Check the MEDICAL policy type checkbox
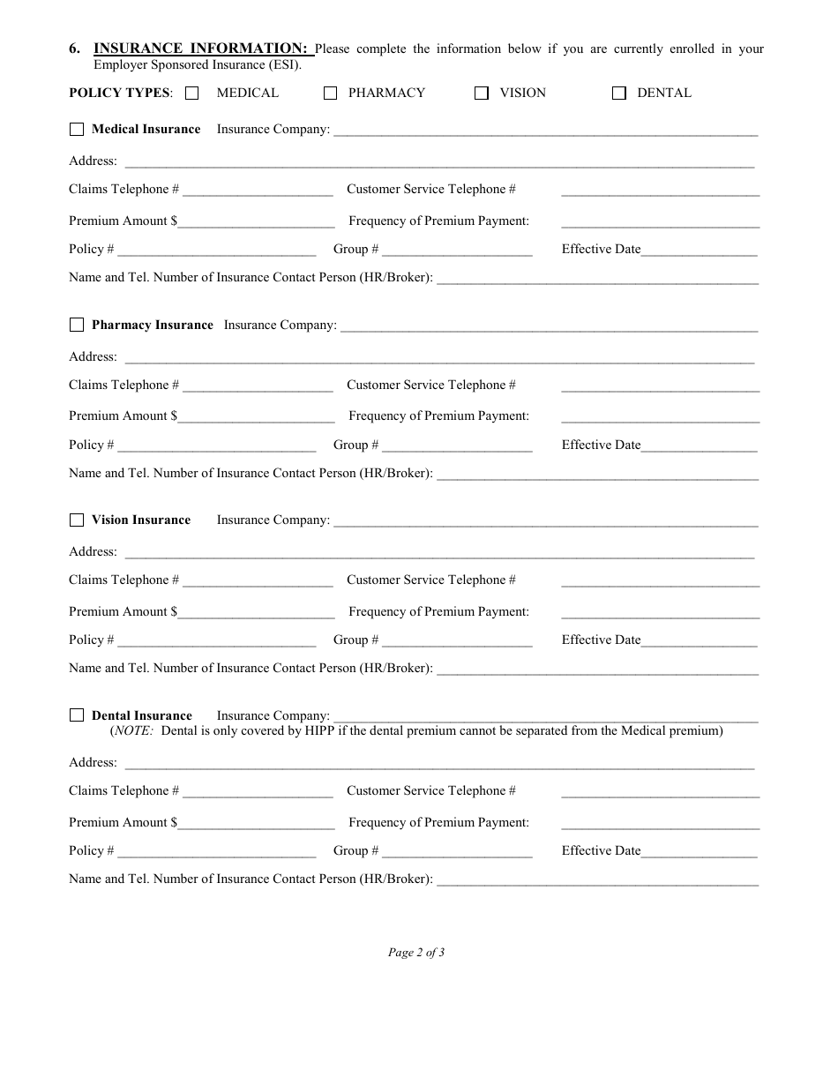[x=192, y=94]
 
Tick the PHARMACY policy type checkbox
[x=331, y=94]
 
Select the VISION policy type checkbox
[x=482, y=94]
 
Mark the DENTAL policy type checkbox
[x=619, y=94]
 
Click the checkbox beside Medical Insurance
[x=77, y=129]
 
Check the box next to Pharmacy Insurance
[x=77, y=325]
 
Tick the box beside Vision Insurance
[x=77, y=520]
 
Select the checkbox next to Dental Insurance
[x=77, y=715]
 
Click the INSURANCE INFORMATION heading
[x=200, y=49]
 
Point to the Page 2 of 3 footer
[x=416, y=952]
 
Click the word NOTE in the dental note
[x=132, y=731]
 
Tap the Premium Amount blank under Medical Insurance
[x=256, y=222]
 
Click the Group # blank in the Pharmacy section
[x=457, y=446]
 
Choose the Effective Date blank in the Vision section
[x=699, y=641]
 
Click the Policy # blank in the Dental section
[x=216, y=852]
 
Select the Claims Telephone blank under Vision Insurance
[x=258, y=581]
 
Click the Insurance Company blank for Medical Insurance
[x=545, y=131]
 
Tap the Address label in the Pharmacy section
[x=93, y=356]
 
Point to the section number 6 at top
[x=74, y=49]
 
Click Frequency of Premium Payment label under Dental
[x=438, y=822]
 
